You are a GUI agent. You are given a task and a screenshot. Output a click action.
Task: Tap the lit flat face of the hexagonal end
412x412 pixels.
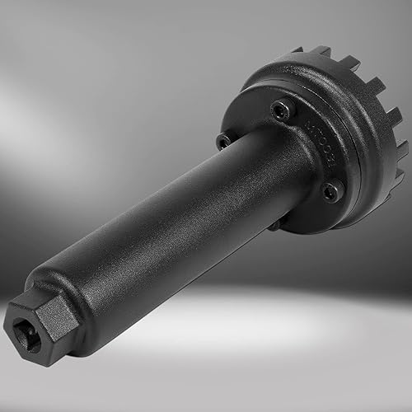(51, 316)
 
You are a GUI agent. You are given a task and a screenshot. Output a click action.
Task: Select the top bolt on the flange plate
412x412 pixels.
(283, 110)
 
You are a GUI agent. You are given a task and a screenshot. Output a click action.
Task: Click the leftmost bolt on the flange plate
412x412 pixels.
(224, 141)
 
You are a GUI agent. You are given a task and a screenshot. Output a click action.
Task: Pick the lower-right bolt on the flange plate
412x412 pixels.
(330, 191)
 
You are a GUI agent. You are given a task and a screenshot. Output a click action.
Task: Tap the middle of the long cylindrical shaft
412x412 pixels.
(173, 222)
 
